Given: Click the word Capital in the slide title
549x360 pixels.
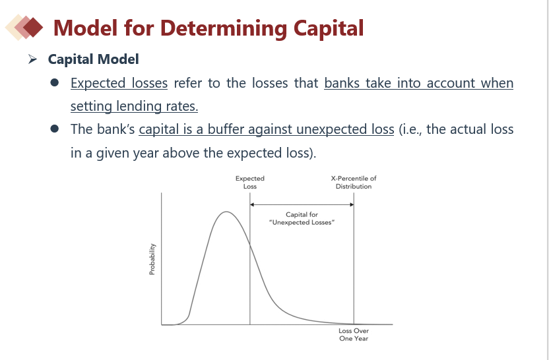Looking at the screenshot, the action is pyautogui.click(x=329, y=28).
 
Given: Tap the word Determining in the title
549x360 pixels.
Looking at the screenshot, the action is pyautogui.click(x=224, y=28).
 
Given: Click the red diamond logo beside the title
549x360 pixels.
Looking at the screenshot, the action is pyautogui.click(x=24, y=27).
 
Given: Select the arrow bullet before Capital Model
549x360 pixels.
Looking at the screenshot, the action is pyautogui.click(x=32, y=59).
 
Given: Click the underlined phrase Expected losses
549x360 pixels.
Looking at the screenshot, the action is pyautogui.click(x=119, y=83).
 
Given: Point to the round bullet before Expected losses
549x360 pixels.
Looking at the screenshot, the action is pyautogui.click(x=54, y=82).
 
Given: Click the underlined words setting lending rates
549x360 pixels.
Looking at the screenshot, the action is pyautogui.click(x=135, y=106).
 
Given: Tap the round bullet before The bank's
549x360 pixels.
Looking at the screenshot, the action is pyautogui.click(x=54, y=129).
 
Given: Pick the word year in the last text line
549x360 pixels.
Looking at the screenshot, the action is pyautogui.click(x=146, y=153).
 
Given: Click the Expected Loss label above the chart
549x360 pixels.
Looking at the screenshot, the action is pyautogui.click(x=250, y=182).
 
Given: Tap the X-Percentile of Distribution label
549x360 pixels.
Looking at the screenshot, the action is pyautogui.click(x=354, y=182).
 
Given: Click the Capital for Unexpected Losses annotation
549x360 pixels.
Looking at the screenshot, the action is pyautogui.click(x=302, y=218).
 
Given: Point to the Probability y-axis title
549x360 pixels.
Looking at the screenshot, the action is pyautogui.click(x=152, y=259).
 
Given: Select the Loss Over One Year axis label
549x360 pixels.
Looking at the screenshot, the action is pyautogui.click(x=354, y=334).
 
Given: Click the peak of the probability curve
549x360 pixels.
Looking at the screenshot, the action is pyautogui.click(x=226, y=212).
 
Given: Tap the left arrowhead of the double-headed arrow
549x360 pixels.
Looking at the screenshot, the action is pyautogui.click(x=252, y=204).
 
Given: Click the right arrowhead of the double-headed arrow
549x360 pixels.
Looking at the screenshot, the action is pyautogui.click(x=352, y=204).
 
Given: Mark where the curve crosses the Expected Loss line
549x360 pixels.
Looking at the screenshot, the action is pyautogui.click(x=250, y=245).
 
